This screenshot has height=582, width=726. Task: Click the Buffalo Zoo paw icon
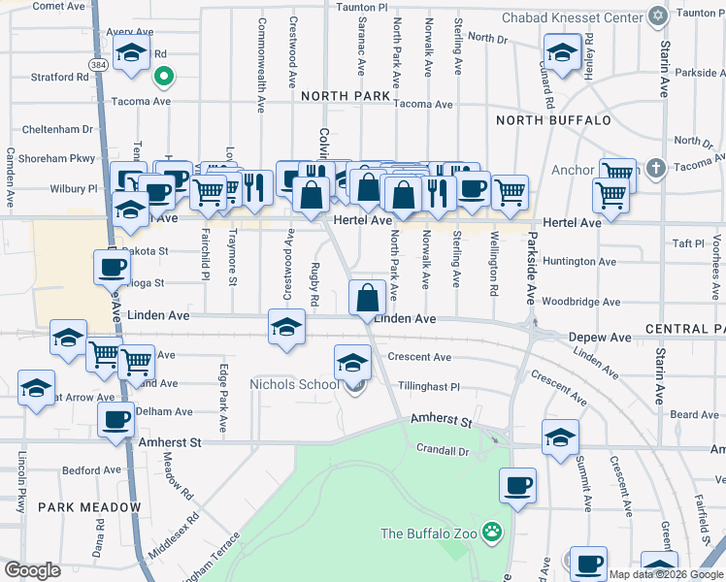pyautogui.click(x=494, y=532)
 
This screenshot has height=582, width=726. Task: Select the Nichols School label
pyautogui.click(x=295, y=384)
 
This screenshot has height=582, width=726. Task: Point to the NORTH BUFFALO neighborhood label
pyautogui.click(x=553, y=120)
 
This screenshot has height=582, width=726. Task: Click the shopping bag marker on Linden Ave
pyautogui.click(x=368, y=297)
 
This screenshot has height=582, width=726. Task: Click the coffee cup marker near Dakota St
pyautogui.click(x=112, y=267)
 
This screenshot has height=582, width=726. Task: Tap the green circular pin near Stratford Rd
pyautogui.click(x=164, y=75)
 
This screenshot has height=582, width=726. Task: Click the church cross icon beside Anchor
pyautogui.click(x=657, y=169)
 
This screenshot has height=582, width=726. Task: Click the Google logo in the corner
pyautogui.click(x=33, y=570)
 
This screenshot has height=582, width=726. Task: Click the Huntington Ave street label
pyautogui.click(x=580, y=262)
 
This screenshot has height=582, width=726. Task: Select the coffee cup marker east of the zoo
pyautogui.click(x=517, y=485)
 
